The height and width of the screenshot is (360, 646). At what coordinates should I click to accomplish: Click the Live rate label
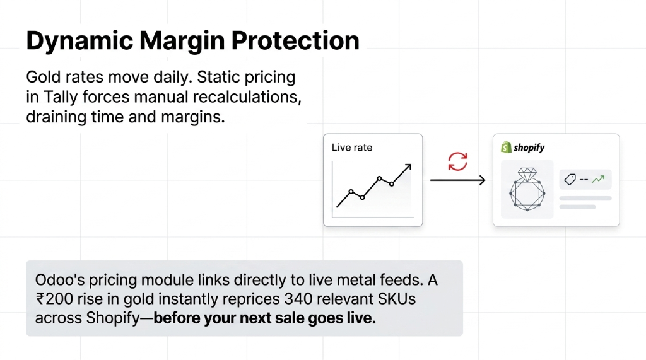(x=352, y=148)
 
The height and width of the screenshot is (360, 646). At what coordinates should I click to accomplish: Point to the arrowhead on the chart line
(x=408, y=167)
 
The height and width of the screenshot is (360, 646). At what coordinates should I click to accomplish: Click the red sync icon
(x=457, y=161)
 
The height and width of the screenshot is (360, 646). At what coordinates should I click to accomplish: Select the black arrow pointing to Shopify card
(x=457, y=181)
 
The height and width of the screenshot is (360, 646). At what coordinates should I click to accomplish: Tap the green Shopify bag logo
(x=505, y=148)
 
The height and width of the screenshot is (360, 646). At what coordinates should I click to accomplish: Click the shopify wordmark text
(x=529, y=148)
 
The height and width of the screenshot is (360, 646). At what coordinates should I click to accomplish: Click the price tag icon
(x=570, y=180)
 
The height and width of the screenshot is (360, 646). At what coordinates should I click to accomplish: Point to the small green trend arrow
(x=598, y=180)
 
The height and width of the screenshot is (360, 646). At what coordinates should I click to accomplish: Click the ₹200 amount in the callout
(x=54, y=299)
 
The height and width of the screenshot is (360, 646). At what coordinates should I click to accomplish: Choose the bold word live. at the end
(x=361, y=318)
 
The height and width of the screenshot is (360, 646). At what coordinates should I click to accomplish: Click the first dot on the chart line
(x=351, y=191)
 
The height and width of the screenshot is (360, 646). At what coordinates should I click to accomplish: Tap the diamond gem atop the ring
(x=526, y=173)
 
